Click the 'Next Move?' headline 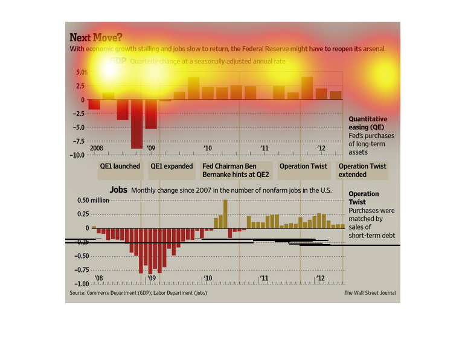95,37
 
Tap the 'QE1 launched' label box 120,166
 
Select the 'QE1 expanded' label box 172,166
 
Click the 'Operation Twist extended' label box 362,170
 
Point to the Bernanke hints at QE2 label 237,170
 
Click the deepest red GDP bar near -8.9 136,124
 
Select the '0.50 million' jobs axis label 92,201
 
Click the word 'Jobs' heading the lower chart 118,190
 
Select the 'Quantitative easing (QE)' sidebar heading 367,123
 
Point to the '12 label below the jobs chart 321,278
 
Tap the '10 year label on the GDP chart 208,148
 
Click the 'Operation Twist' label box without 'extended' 303,166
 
